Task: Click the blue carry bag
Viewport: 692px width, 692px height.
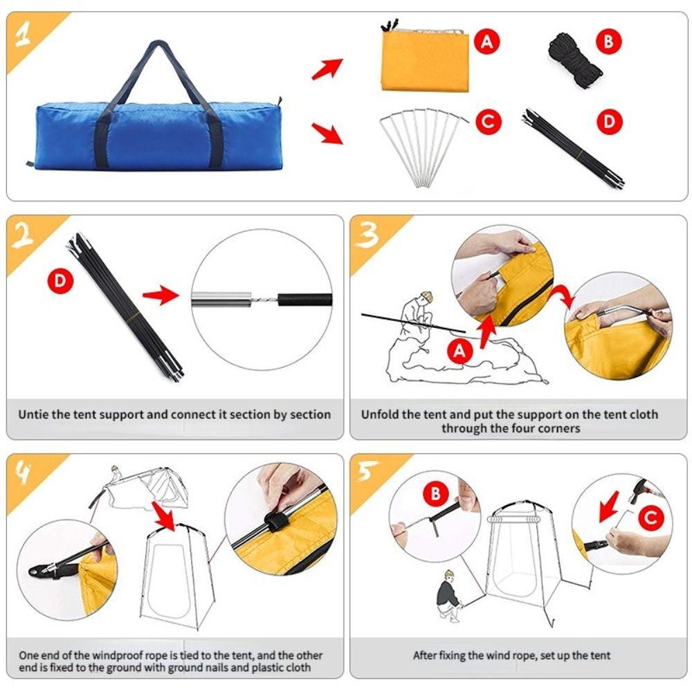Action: (x=154, y=132)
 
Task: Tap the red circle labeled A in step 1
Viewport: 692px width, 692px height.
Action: (x=486, y=42)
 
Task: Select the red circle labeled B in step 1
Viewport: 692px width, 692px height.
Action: (x=608, y=42)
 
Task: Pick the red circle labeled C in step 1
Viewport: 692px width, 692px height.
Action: (x=489, y=121)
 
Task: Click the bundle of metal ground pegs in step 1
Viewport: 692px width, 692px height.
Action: (x=423, y=148)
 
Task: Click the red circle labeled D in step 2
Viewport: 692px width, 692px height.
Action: (x=60, y=281)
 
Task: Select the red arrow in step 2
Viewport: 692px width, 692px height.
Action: (x=161, y=294)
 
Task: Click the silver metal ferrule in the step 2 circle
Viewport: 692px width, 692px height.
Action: (x=221, y=300)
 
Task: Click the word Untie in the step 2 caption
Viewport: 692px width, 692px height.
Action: (x=33, y=415)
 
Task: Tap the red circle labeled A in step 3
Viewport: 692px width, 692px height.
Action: (x=460, y=352)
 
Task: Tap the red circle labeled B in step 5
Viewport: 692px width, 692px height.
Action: (x=435, y=493)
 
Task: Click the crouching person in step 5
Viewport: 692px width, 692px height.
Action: (x=449, y=596)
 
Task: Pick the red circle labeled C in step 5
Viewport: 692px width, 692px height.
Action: (x=651, y=518)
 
